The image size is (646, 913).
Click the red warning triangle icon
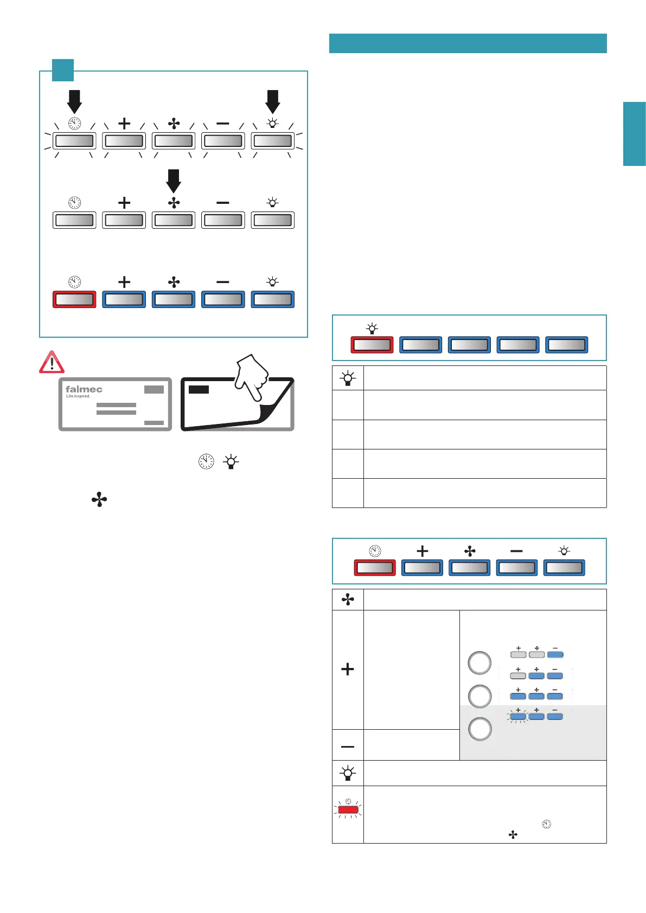(x=52, y=362)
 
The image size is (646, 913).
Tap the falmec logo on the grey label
(x=84, y=389)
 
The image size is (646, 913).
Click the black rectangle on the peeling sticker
(x=199, y=389)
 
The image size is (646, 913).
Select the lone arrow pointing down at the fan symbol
(x=174, y=181)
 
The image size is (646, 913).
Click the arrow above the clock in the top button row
(x=74, y=101)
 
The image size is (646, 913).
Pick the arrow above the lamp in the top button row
(x=272, y=101)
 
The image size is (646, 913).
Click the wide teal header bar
(x=468, y=43)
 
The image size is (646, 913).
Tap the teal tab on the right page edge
(x=634, y=134)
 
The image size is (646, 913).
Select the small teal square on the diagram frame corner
(x=63, y=70)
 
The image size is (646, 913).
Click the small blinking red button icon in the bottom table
(x=348, y=809)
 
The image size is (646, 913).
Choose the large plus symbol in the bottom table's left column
(x=348, y=669)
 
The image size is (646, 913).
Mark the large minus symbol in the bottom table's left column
(x=348, y=747)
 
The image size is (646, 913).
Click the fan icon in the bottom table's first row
(x=348, y=599)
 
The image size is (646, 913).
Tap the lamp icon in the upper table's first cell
(x=348, y=378)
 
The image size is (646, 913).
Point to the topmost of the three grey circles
(x=479, y=663)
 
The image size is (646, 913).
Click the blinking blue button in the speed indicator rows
(x=518, y=716)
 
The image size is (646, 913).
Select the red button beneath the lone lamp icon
(x=372, y=345)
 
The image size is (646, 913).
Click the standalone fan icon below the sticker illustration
(x=99, y=499)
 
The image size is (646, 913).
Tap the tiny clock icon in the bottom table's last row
(x=547, y=824)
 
